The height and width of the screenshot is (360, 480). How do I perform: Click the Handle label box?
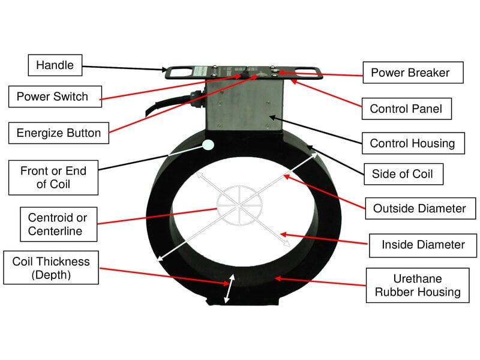(x=55, y=65)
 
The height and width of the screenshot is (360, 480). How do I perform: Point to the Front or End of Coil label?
(x=53, y=178)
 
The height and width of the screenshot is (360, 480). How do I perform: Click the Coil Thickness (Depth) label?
(x=51, y=268)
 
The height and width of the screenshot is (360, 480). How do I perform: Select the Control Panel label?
(x=406, y=109)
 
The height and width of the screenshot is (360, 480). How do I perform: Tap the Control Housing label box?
(x=412, y=143)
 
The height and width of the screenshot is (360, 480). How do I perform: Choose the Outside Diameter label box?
(x=419, y=209)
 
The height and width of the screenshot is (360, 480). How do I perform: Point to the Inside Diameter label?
(x=423, y=245)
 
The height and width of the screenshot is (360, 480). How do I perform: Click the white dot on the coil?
(x=209, y=145)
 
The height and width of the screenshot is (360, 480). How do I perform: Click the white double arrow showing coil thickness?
(x=229, y=289)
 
